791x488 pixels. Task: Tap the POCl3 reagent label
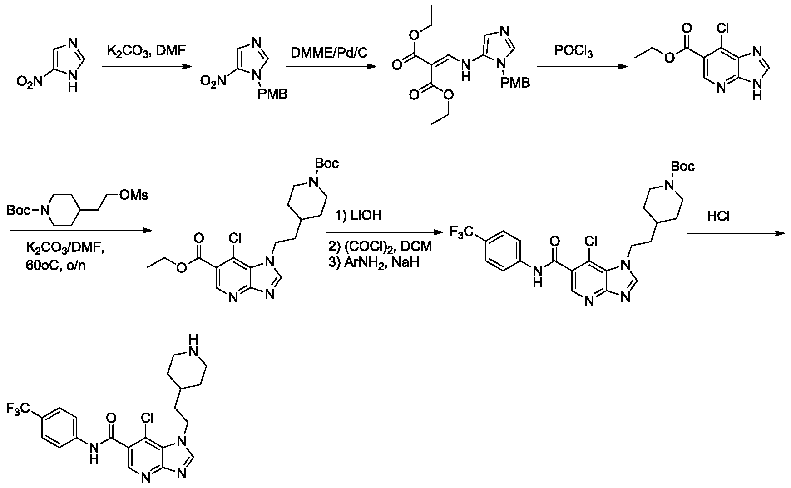573,52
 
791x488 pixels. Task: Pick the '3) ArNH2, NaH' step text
373,262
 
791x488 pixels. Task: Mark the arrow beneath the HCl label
735,233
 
